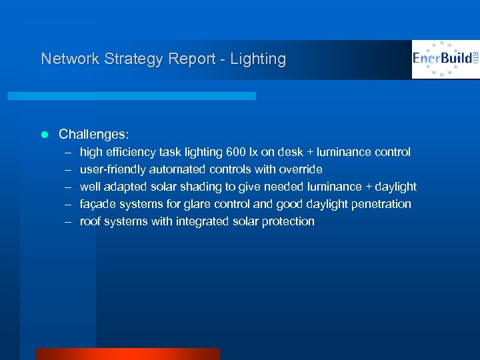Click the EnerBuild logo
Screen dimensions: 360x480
click(x=445, y=59)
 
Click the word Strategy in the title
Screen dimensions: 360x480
click(x=129, y=59)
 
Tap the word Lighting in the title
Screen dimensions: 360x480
click(x=257, y=59)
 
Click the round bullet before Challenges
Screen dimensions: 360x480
click(x=45, y=134)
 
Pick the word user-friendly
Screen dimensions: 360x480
click(x=113, y=169)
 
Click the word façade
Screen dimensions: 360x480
click(x=97, y=204)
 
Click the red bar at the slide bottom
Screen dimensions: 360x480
click(x=127, y=354)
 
